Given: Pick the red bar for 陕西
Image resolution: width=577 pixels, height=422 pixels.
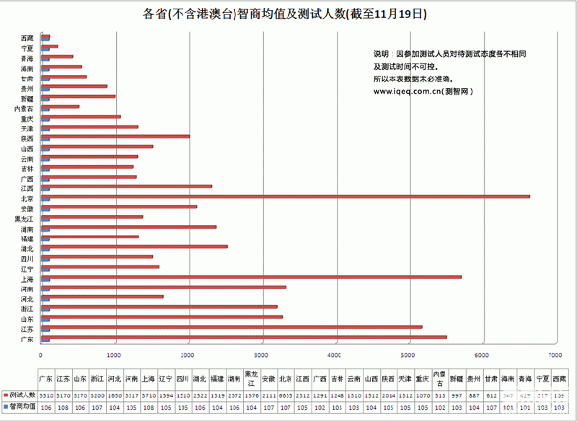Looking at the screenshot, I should [x=115, y=135].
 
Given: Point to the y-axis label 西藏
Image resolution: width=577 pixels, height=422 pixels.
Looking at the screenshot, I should [x=27, y=38].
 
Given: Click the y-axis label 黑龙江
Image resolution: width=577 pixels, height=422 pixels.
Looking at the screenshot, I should [x=23, y=219].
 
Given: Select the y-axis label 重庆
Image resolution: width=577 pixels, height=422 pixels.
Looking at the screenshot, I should [x=27, y=118].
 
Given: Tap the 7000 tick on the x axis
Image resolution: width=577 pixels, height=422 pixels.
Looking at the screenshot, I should [x=555, y=355].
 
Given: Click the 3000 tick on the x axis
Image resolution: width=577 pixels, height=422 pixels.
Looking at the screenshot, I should [x=260, y=355].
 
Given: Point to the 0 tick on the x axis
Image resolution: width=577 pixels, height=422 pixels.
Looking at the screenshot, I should [x=40, y=355].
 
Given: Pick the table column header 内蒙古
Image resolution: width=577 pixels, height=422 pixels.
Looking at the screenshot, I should [x=439, y=379].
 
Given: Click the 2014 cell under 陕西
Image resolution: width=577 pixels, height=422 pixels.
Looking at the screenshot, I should [x=388, y=395].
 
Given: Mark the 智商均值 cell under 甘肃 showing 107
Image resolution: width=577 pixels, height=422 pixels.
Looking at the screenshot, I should [x=491, y=406].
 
